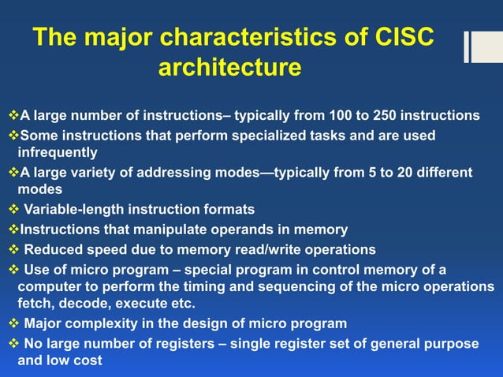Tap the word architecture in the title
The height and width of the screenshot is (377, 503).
tap(229, 68)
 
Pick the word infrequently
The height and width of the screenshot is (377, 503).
tap(58, 152)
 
